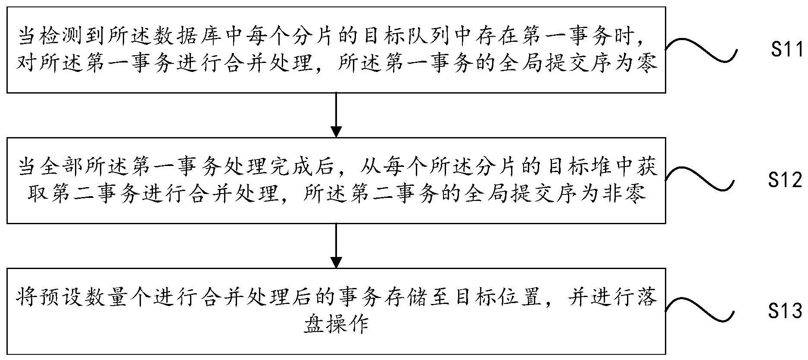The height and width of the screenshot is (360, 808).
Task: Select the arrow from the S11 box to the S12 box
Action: click(336, 115)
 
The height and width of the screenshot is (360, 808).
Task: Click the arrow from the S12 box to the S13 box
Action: click(336, 245)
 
